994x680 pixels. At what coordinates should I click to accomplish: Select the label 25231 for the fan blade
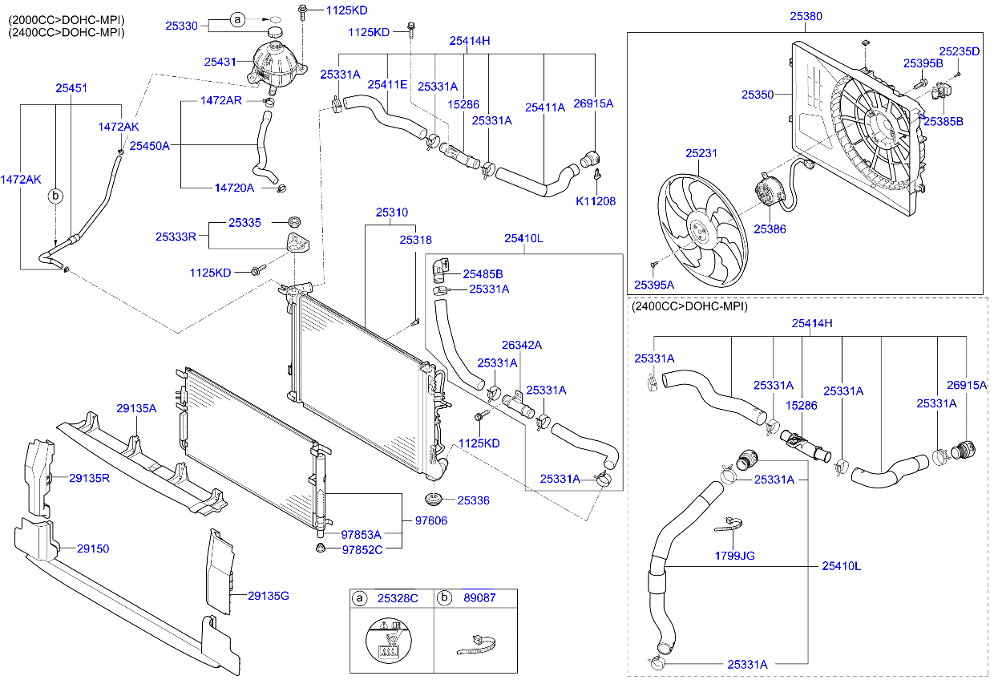coord(701,152)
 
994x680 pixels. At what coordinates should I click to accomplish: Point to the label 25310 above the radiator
coord(392,212)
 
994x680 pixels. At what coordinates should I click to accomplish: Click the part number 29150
coord(93,549)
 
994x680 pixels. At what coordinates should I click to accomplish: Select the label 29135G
coord(268,595)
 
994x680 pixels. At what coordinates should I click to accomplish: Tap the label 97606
coord(430,521)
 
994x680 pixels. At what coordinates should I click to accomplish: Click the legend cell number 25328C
coord(398,598)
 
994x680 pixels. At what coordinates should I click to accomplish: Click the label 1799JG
coord(733,555)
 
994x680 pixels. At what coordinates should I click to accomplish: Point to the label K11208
coord(596,201)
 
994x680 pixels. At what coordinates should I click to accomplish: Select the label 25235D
coord(960,51)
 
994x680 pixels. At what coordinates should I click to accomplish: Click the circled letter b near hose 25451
coord(56,195)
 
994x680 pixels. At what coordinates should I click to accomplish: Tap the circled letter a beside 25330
coord(238,19)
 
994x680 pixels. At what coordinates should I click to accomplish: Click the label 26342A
coord(522,346)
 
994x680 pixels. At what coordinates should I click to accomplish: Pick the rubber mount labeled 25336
coord(436,499)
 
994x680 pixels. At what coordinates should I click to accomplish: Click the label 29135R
coord(89,478)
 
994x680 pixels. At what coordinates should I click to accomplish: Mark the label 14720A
coord(234,188)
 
